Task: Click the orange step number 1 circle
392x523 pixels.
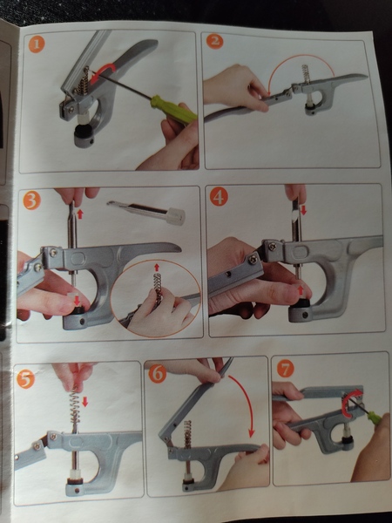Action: pos(36,44)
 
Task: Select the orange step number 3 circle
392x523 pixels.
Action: pos(32,202)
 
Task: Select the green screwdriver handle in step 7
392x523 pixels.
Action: pos(374,418)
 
